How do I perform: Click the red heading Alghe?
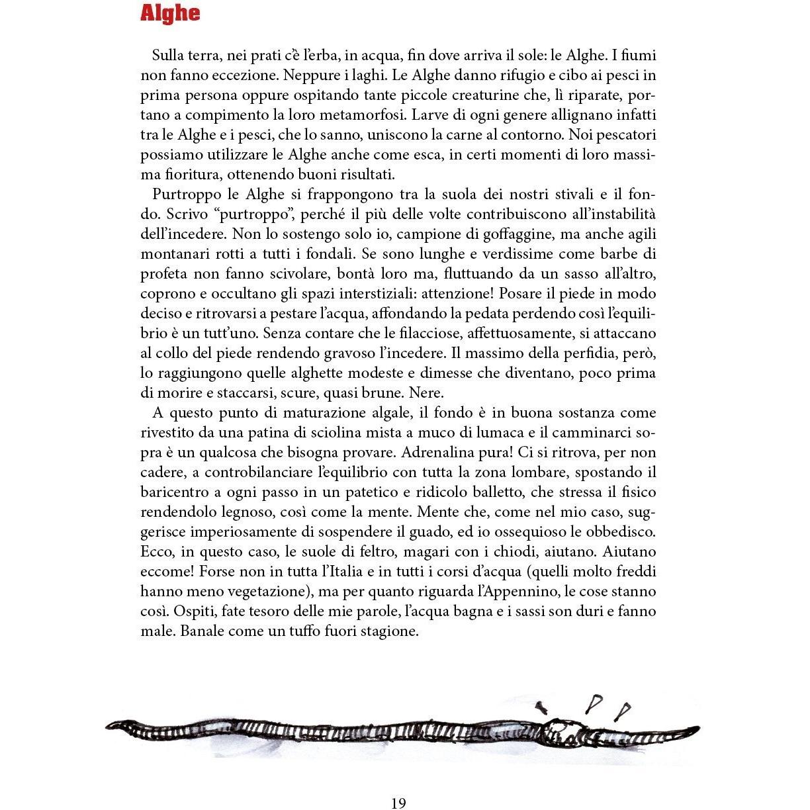(169, 14)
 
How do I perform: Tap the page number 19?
(398, 803)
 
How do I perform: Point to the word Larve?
(430, 115)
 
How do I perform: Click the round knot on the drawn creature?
(563, 730)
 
